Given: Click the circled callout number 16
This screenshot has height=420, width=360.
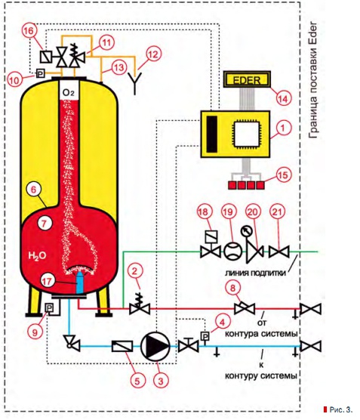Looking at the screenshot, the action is point(29,31).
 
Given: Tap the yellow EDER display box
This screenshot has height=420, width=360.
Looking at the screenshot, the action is point(247,79).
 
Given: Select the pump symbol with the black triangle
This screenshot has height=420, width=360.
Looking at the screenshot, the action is point(155,346).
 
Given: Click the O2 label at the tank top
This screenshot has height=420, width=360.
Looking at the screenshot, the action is point(68,93).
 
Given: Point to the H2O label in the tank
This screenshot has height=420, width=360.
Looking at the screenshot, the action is point(37,256).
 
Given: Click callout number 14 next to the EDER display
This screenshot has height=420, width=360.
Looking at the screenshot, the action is point(284,98).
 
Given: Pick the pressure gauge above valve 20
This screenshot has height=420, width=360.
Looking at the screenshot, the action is point(245,231).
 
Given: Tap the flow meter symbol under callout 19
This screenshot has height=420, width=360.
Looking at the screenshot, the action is point(232,252).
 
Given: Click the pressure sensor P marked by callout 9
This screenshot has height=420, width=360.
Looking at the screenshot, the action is point(49,307).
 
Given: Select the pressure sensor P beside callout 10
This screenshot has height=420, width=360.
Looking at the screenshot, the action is point(40,73).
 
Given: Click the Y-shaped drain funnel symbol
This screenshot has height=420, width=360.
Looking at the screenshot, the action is point(134,82).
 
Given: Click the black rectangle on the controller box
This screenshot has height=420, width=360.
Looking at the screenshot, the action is point(212,134).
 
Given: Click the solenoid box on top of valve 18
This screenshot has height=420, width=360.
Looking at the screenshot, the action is point(211,236).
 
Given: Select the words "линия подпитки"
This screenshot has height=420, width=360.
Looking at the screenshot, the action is point(255,273).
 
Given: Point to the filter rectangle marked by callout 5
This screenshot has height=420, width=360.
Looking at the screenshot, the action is point(122,346).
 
